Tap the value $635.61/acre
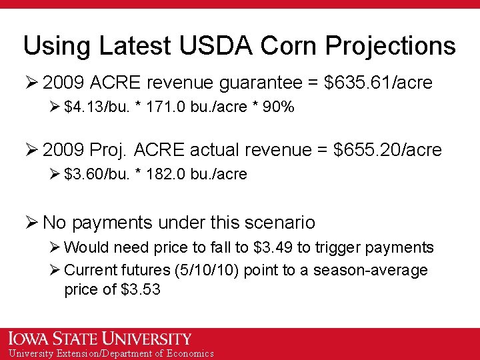coord(377,83)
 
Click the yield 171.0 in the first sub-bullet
coord(165,107)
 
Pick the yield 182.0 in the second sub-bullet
coord(165,174)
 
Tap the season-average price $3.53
coord(141,289)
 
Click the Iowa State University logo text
coord(100,339)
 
